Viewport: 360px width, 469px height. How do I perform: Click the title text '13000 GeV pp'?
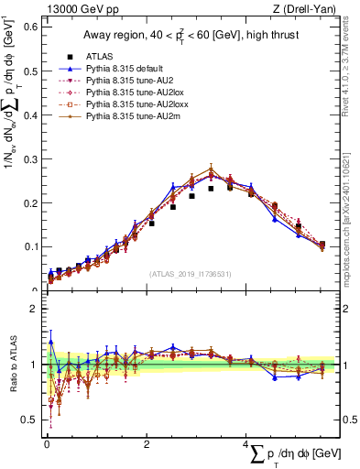point(71,9)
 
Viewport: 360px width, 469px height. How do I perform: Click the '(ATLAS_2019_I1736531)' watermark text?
point(191,273)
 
